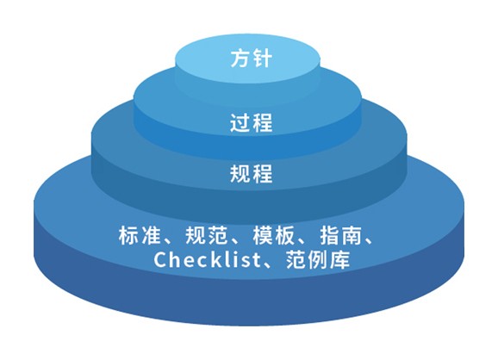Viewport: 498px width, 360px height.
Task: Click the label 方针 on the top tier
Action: [x=252, y=59]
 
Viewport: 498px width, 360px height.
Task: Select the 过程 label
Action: [x=252, y=123]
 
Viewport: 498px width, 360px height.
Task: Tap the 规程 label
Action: [x=252, y=173]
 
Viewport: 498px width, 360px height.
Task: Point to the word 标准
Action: [x=140, y=235]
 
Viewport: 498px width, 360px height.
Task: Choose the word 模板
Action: [x=274, y=235]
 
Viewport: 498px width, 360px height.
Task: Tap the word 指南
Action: [x=341, y=235]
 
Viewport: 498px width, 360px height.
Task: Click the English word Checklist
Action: [x=207, y=259]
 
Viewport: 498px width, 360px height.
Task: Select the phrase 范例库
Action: [x=318, y=259]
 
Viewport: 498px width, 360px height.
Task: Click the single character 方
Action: [x=240, y=59]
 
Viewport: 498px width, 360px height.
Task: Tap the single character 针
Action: [x=263, y=59]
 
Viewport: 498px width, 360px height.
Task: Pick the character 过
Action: [x=240, y=123]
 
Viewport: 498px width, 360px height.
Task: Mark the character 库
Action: [x=340, y=259]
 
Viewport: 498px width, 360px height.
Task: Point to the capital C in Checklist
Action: [x=161, y=260]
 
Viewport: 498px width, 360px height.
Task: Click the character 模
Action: [x=263, y=235]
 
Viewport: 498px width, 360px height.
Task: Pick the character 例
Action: [x=318, y=259]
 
